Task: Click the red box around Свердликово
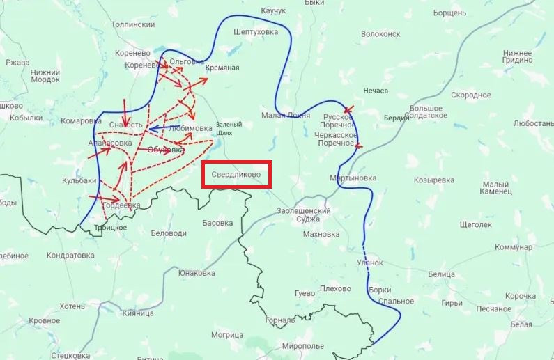point(236,175)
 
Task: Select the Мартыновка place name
point(353,178)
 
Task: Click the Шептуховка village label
point(256,31)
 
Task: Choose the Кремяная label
point(223,68)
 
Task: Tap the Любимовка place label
point(190,128)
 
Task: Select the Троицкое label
point(110,227)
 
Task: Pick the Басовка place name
point(217,223)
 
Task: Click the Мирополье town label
point(303,346)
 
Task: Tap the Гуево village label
point(305,293)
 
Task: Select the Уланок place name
point(370,263)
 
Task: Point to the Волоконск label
point(380,33)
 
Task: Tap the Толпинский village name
point(133,24)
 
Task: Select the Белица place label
point(441,274)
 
